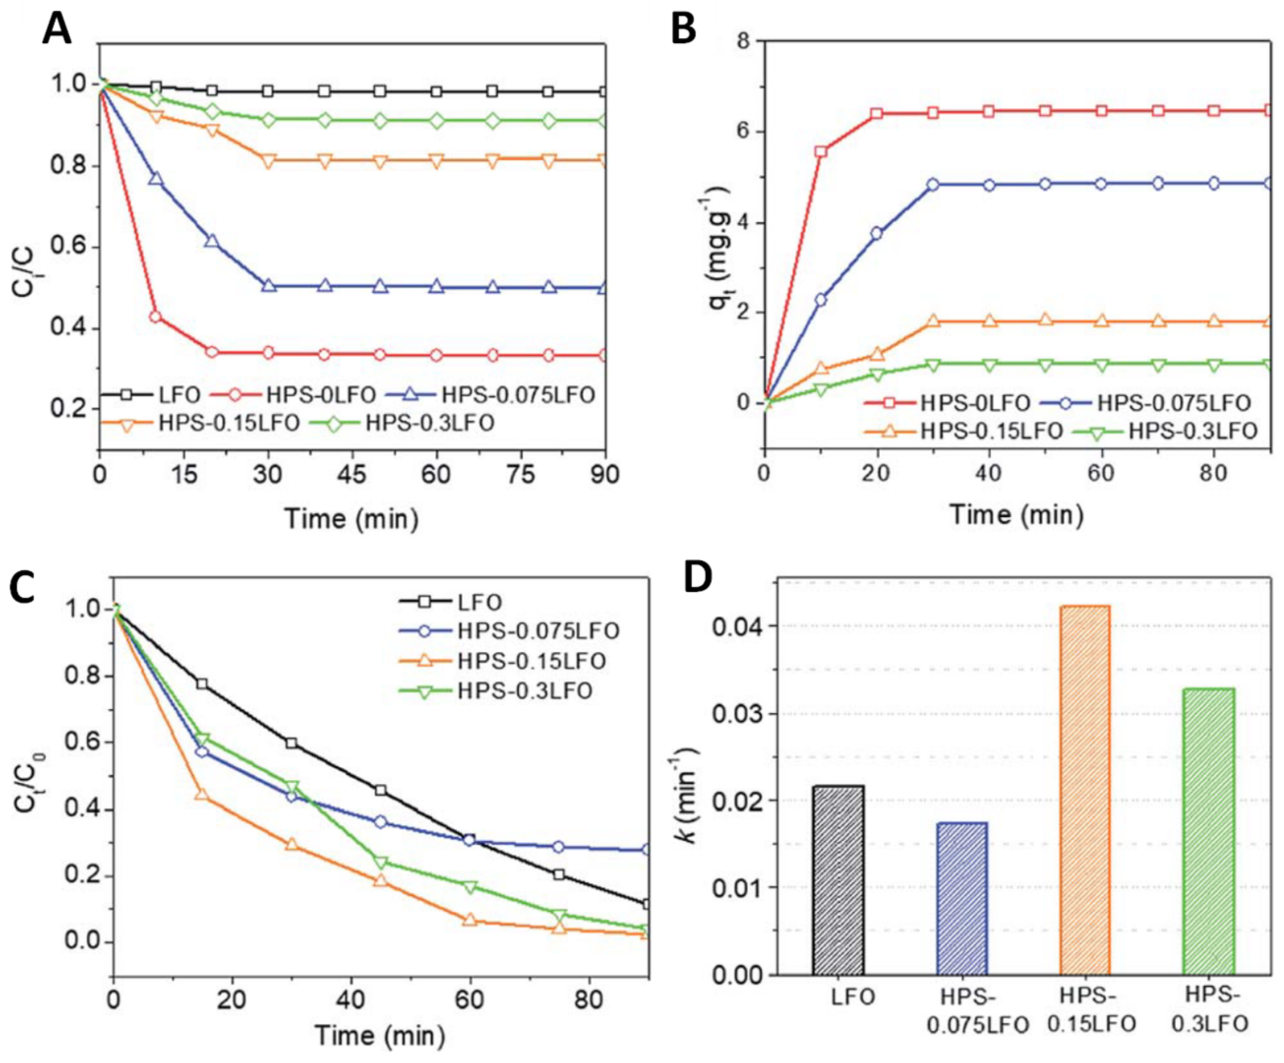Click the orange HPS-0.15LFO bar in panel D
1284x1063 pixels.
tap(1085, 790)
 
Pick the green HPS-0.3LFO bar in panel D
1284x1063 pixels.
tap(1209, 831)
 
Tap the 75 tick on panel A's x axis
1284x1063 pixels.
tap(521, 475)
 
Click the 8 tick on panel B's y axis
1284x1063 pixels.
tap(744, 42)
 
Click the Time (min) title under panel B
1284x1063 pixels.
tap(1015, 515)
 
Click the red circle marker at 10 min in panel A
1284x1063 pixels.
tap(155, 317)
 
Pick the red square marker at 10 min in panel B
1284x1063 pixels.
tap(821, 151)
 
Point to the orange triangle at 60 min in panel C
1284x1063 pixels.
tap(469, 919)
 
